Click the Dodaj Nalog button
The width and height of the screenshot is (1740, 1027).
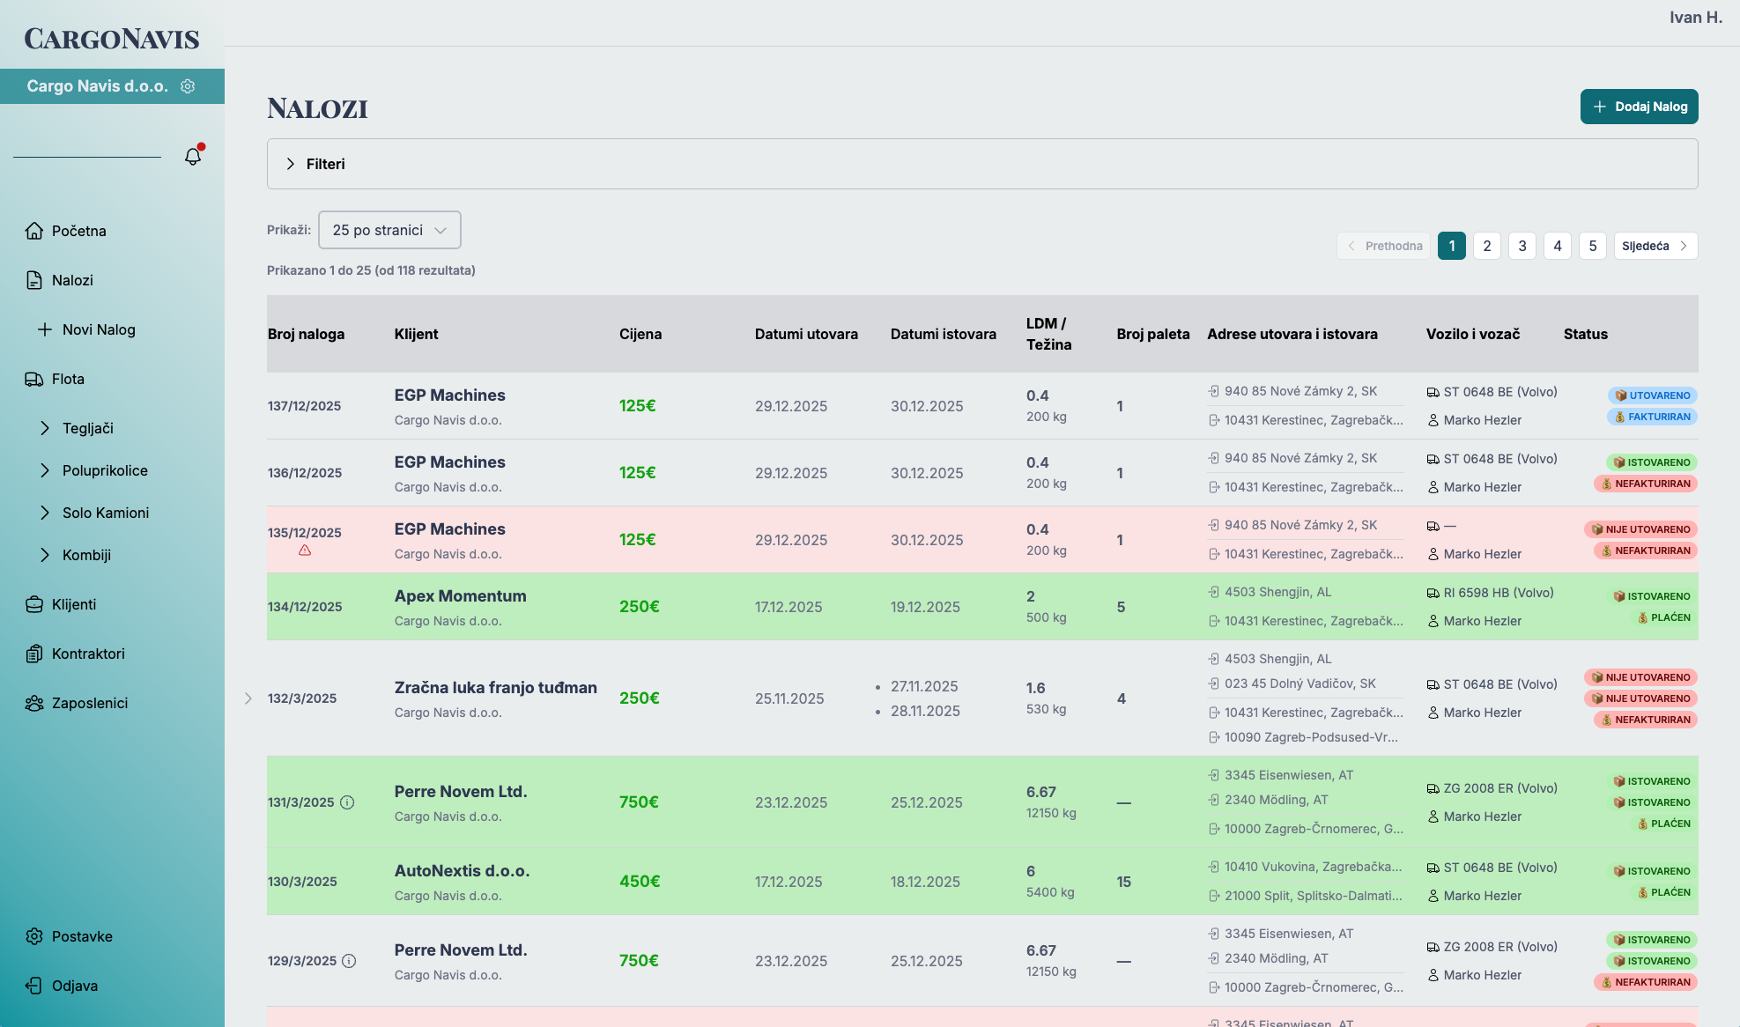[1639, 107]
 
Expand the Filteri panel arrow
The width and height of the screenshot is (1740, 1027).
[291, 164]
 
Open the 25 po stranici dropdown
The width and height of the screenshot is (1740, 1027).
[389, 230]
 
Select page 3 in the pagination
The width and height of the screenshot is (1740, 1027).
[1522, 246]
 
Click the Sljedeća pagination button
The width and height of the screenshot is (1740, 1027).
[1655, 246]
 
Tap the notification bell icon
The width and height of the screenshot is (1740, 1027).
[193, 156]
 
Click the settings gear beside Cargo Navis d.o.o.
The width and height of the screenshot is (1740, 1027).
[188, 86]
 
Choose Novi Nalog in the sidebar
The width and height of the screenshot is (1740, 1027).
[98, 329]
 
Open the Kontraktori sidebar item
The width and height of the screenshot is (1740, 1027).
[87, 654]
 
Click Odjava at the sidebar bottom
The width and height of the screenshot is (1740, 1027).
[74, 986]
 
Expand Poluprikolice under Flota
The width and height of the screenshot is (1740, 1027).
[104, 470]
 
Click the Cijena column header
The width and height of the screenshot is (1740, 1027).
[640, 334]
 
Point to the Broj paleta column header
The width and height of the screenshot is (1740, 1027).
[1152, 334]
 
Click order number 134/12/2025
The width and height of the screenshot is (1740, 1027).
[305, 607]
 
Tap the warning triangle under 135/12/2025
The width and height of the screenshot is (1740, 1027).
[305, 550]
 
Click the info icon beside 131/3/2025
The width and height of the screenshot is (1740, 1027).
[347, 802]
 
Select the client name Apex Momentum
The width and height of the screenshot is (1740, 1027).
[460, 596]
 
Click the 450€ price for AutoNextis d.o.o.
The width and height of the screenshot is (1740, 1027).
[640, 882]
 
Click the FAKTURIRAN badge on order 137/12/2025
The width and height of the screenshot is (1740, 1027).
[1652, 417]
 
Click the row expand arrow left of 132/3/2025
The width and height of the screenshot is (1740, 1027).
[248, 698]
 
